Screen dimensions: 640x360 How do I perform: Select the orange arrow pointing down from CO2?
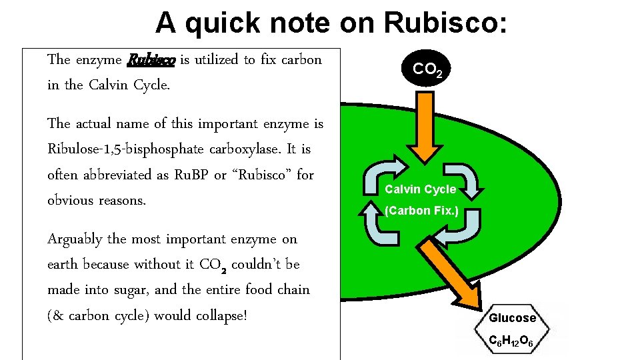click(x=421, y=127)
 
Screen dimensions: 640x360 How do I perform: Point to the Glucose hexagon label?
click(x=512, y=318)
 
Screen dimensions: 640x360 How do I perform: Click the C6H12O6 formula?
click(x=510, y=342)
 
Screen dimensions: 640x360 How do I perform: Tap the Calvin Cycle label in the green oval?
click(x=421, y=189)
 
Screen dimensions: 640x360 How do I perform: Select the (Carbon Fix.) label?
click(x=421, y=211)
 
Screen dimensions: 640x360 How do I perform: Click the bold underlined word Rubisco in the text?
click(x=151, y=60)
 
